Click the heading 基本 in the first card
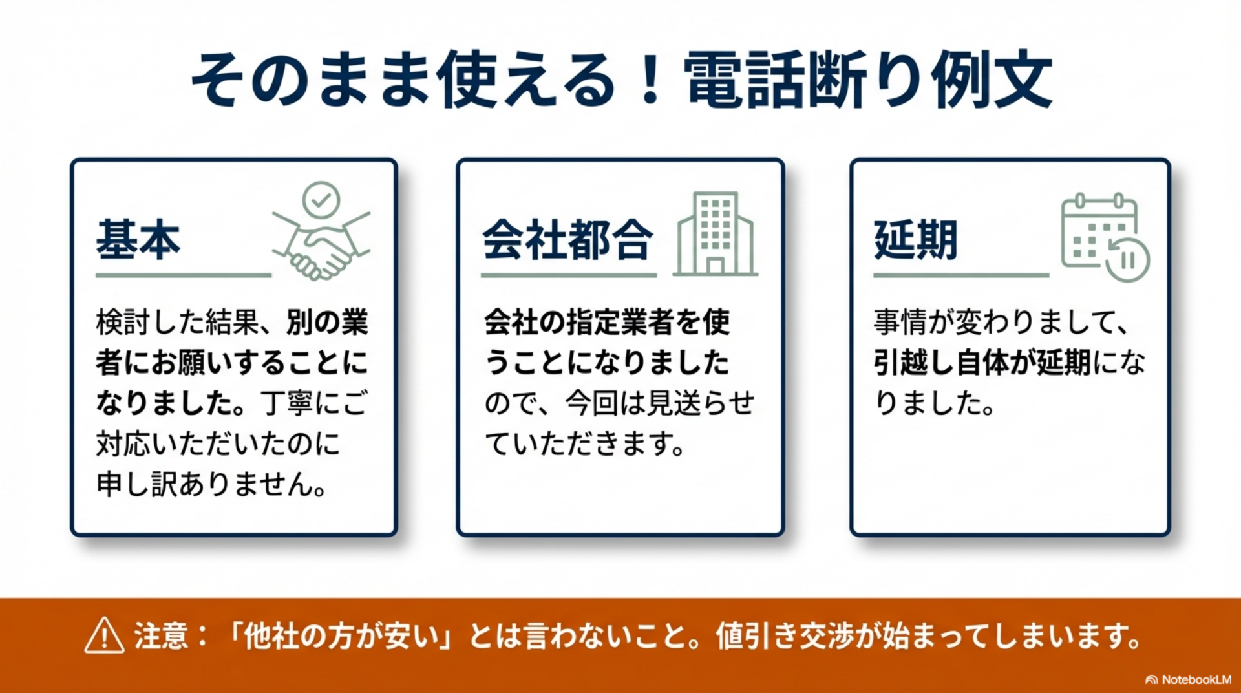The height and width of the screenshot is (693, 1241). (x=138, y=240)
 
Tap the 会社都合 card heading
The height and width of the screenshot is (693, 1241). (x=567, y=240)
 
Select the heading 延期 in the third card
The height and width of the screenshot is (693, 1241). (x=915, y=240)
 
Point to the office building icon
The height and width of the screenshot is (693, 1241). (x=715, y=233)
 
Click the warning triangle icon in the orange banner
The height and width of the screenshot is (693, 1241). (x=104, y=635)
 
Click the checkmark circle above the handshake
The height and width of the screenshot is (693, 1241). (x=321, y=200)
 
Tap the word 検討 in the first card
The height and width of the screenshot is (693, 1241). (x=123, y=322)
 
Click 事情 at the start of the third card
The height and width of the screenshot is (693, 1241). (x=900, y=322)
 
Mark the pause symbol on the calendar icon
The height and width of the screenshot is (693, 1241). (x=1127, y=260)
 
